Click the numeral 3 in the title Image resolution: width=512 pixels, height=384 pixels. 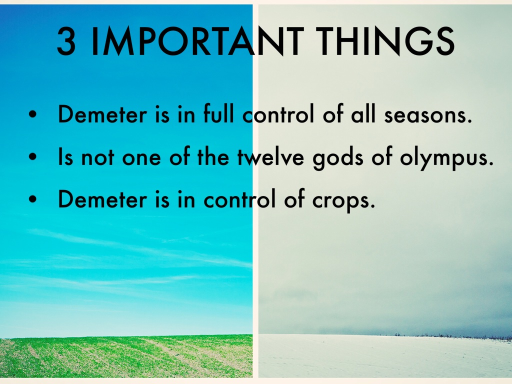pos(66,41)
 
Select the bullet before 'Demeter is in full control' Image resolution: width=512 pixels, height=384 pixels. pos(32,114)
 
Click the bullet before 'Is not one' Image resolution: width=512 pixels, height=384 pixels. pos(32,156)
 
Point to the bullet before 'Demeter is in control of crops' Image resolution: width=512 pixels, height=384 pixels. pos(32,199)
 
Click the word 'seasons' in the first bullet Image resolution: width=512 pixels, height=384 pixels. pos(428,115)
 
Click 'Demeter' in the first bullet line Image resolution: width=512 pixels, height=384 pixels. pos(102,114)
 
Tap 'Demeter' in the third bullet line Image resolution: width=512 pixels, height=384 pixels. pos(102,199)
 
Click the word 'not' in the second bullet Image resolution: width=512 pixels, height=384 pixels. pos(97,157)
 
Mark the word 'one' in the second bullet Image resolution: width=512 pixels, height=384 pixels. pos(141,159)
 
